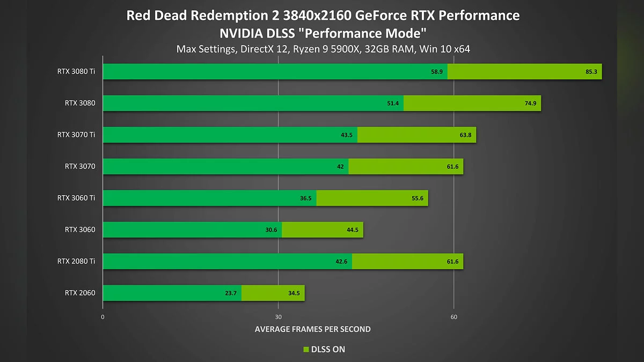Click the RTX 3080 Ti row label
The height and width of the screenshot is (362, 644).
pyautogui.click(x=76, y=72)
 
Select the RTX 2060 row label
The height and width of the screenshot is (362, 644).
pyautogui.click(x=80, y=293)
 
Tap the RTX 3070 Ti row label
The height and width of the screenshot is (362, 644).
pyautogui.click(x=76, y=135)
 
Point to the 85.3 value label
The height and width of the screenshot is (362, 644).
pyautogui.click(x=591, y=72)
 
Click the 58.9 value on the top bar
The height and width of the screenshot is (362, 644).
pyautogui.click(x=436, y=72)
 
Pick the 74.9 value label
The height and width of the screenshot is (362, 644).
pyautogui.click(x=530, y=104)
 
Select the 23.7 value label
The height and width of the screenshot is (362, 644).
pyautogui.click(x=231, y=293)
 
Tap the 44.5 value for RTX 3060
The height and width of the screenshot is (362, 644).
pyautogui.click(x=353, y=230)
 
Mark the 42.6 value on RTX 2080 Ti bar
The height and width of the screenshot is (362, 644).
pyautogui.click(x=341, y=262)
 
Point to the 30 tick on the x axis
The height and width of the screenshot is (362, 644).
pyautogui.click(x=278, y=317)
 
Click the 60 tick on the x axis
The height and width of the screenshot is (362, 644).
pyautogui.click(x=454, y=317)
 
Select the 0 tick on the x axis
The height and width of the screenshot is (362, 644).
pyautogui.click(x=103, y=317)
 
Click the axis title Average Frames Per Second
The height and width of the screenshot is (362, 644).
pyautogui.click(x=312, y=329)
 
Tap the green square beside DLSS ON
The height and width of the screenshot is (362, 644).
pyautogui.click(x=306, y=350)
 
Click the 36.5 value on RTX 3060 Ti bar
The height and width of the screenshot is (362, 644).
pyautogui.click(x=306, y=198)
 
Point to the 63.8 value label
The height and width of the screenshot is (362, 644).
pyautogui.click(x=465, y=135)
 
